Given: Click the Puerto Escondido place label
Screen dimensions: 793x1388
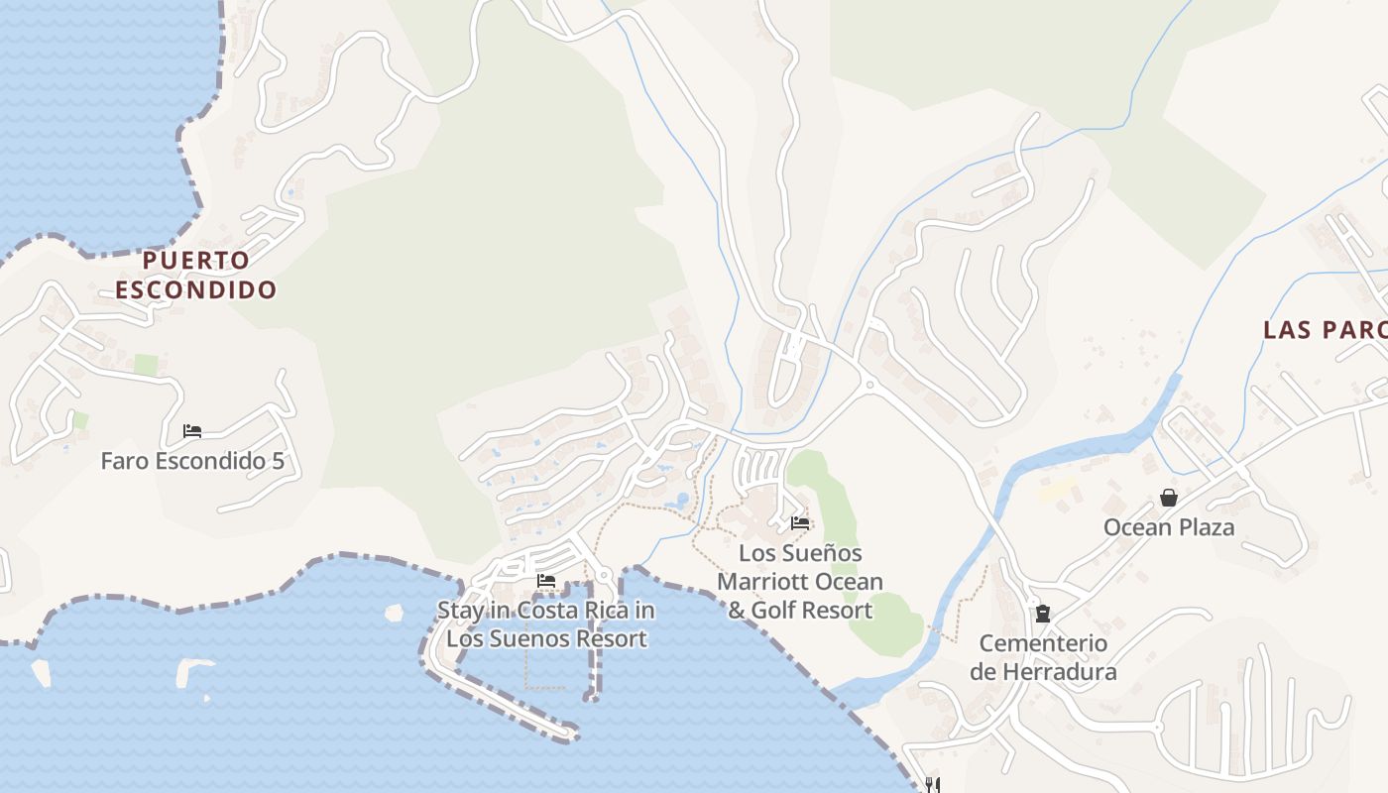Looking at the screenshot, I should tap(196, 275).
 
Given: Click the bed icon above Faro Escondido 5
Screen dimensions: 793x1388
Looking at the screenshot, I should tap(192, 431).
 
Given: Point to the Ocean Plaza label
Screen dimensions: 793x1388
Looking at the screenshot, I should tap(1169, 527).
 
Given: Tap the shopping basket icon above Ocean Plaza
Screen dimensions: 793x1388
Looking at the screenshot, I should tap(1169, 498).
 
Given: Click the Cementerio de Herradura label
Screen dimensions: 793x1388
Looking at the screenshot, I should tap(1043, 657).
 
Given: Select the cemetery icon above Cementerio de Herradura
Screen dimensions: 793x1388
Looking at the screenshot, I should tap(1043, 614).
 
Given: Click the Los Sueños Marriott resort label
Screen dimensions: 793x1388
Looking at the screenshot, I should tap(800, 581).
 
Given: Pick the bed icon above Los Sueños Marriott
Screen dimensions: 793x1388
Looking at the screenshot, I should tap(800, 523).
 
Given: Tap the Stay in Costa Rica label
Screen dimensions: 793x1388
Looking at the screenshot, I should tap(546, 623).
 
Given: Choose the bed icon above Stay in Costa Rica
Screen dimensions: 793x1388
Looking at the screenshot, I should tap(545, 581).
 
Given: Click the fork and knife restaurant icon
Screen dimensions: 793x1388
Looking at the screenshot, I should tap(931, 785).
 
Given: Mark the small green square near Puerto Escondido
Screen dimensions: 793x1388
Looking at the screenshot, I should tap(146, 365).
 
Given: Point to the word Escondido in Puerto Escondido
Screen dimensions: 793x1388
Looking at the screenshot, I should tap(196, 289).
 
